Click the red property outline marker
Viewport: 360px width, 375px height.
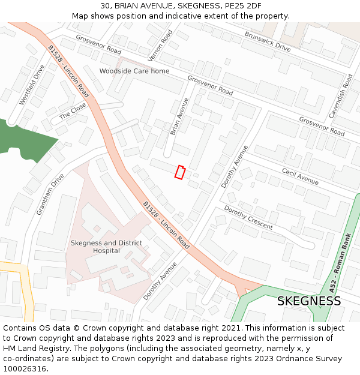179,172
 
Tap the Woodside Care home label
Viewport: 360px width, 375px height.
134,71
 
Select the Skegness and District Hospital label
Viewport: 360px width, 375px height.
106,247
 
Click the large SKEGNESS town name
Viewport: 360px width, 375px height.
309,301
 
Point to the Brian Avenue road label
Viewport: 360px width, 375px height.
179,116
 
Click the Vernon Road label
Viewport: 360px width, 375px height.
160,45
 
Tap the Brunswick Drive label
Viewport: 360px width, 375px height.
267,41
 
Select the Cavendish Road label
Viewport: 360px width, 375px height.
340,95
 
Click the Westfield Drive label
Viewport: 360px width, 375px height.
32,85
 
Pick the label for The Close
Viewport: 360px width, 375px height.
73,111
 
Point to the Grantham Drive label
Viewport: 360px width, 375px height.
50,194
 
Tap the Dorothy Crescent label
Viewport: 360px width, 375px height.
248,217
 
